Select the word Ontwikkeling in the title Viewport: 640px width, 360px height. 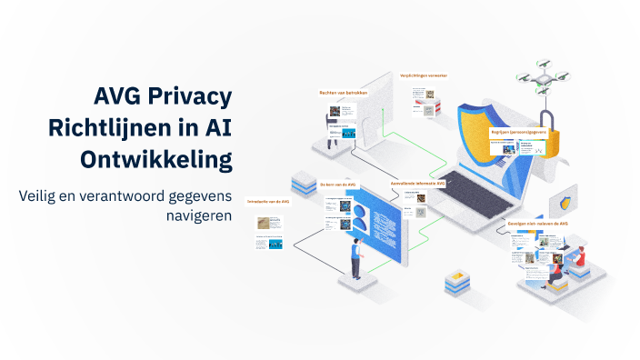click(155, 161)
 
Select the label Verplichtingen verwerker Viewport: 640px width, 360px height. click(424, 75)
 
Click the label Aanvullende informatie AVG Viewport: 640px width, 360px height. click(418, 183)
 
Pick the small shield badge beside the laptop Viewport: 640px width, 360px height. click(565, 204)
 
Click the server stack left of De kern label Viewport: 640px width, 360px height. click(304, 189)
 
